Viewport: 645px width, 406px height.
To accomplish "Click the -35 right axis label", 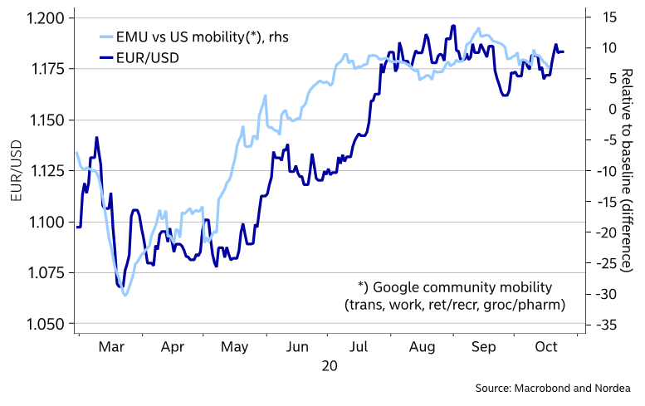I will [610, 326].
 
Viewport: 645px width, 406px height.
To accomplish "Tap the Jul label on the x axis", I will [359, 348].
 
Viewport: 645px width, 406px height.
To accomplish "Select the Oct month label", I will [545, 348].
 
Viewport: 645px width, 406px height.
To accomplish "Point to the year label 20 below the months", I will [330, 365].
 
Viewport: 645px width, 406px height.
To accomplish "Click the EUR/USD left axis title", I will [16, 171].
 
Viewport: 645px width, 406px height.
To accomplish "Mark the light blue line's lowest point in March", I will [125, 295].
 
